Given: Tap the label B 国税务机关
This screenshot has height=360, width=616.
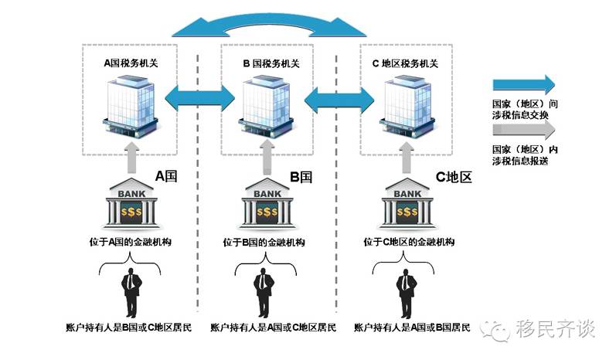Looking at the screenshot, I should point(268,63).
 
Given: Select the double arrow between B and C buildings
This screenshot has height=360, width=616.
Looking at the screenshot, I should point(336,99).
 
